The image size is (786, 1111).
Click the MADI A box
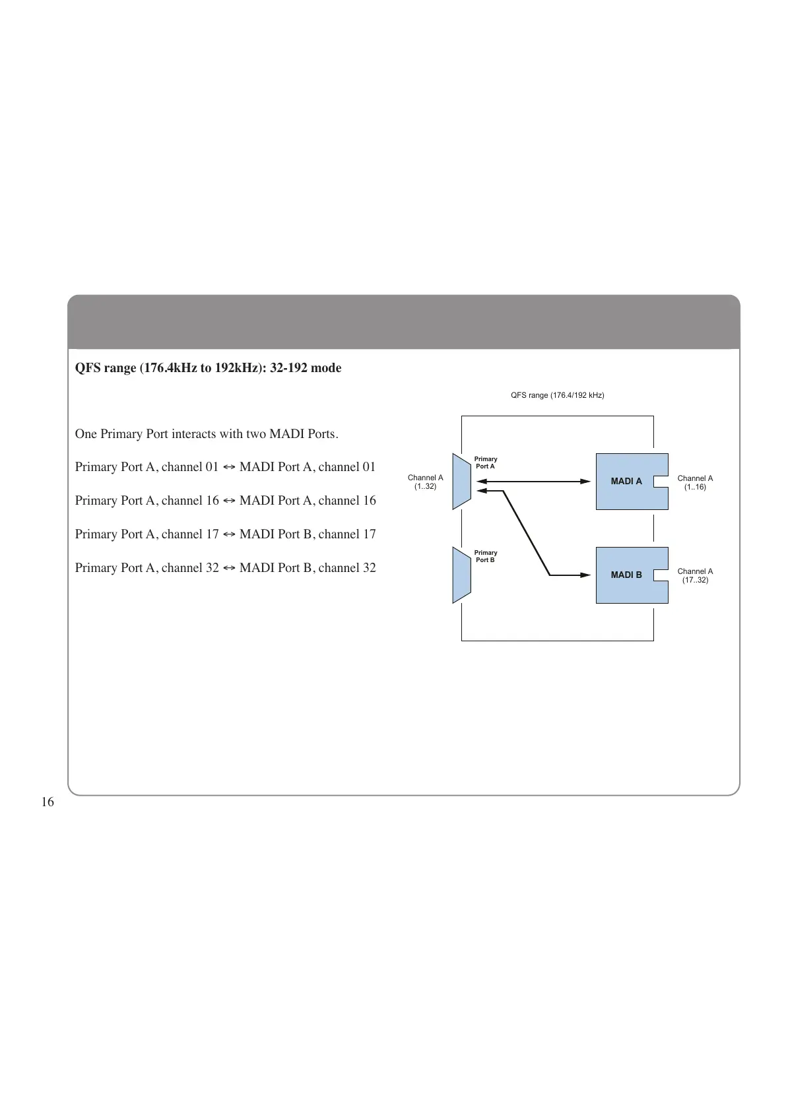[626, 482]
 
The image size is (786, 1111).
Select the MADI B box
[626, 575]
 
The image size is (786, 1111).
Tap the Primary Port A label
[486, 462]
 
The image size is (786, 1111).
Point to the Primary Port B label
[486, 556]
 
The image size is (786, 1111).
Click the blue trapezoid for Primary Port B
[461, 575]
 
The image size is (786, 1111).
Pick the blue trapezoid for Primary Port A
[461, 482]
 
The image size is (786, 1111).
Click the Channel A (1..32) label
[425, 482]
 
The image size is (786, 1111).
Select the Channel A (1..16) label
[695, 483]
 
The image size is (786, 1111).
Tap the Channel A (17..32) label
[695, 576]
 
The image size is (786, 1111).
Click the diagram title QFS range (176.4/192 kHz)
[557, 395]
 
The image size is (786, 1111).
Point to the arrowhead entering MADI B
[585, 575]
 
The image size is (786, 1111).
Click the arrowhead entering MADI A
[585, 482]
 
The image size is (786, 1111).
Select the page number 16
[48, 802]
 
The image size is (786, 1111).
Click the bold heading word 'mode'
[326, 368]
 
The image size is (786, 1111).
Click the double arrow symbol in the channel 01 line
[229, 467]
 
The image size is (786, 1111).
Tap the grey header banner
[403, 322]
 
